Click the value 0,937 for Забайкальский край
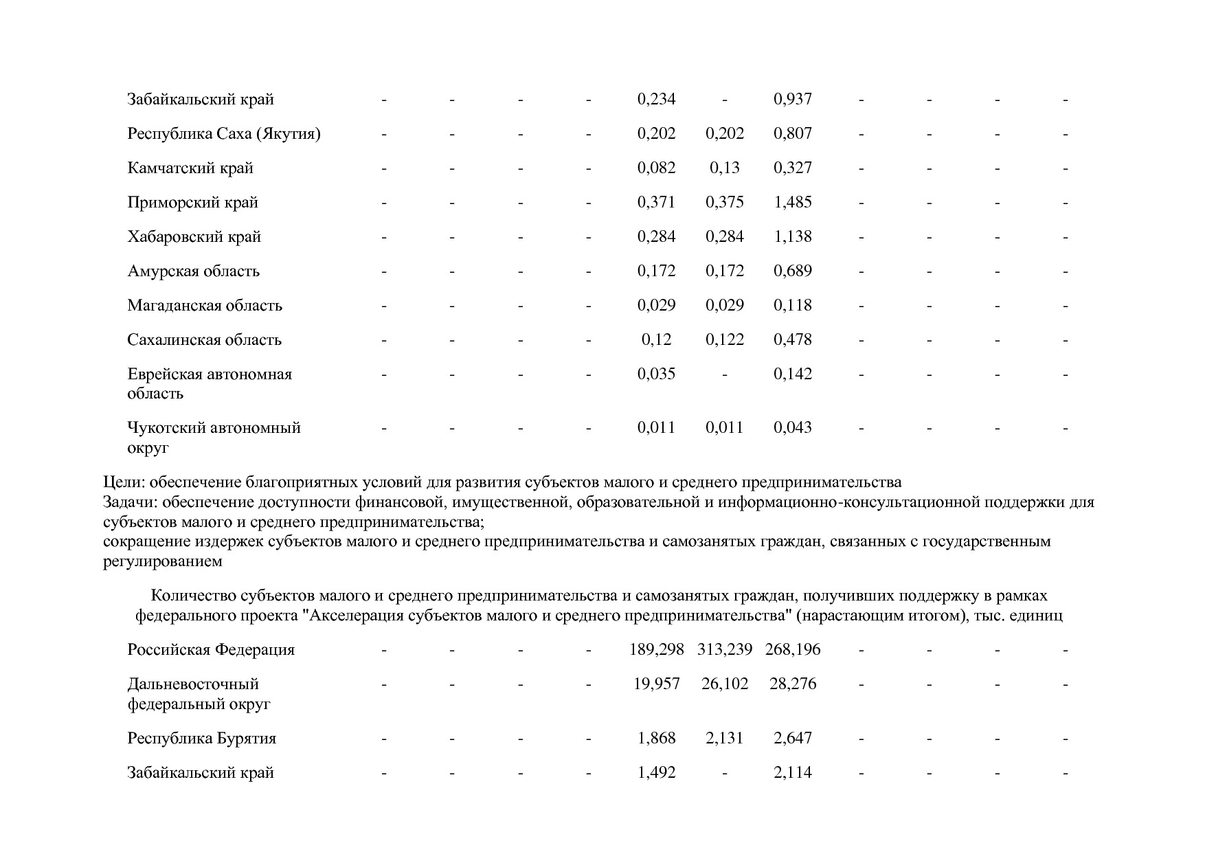tap(792, 100)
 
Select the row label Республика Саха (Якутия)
tap(223, 134)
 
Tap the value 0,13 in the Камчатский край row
tap(724, 168)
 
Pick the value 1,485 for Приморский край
tap(792, 203)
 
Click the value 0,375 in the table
tap(724, 203)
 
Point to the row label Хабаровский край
tap(194, 237)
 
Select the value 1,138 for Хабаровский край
tap(792, 237)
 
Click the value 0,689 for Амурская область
tap(792, 271)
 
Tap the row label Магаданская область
tap(204, 306)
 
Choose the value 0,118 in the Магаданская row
tap(792, 306)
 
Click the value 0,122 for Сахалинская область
tap(724, 340)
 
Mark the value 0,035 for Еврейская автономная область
tap(656, 374)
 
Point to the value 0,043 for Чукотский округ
tap(792, 428)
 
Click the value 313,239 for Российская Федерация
tap(724, 650)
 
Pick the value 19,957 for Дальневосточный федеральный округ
tap(656, 684)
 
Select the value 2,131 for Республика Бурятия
tap(724, 739)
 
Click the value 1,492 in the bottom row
tap(656, 773)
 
